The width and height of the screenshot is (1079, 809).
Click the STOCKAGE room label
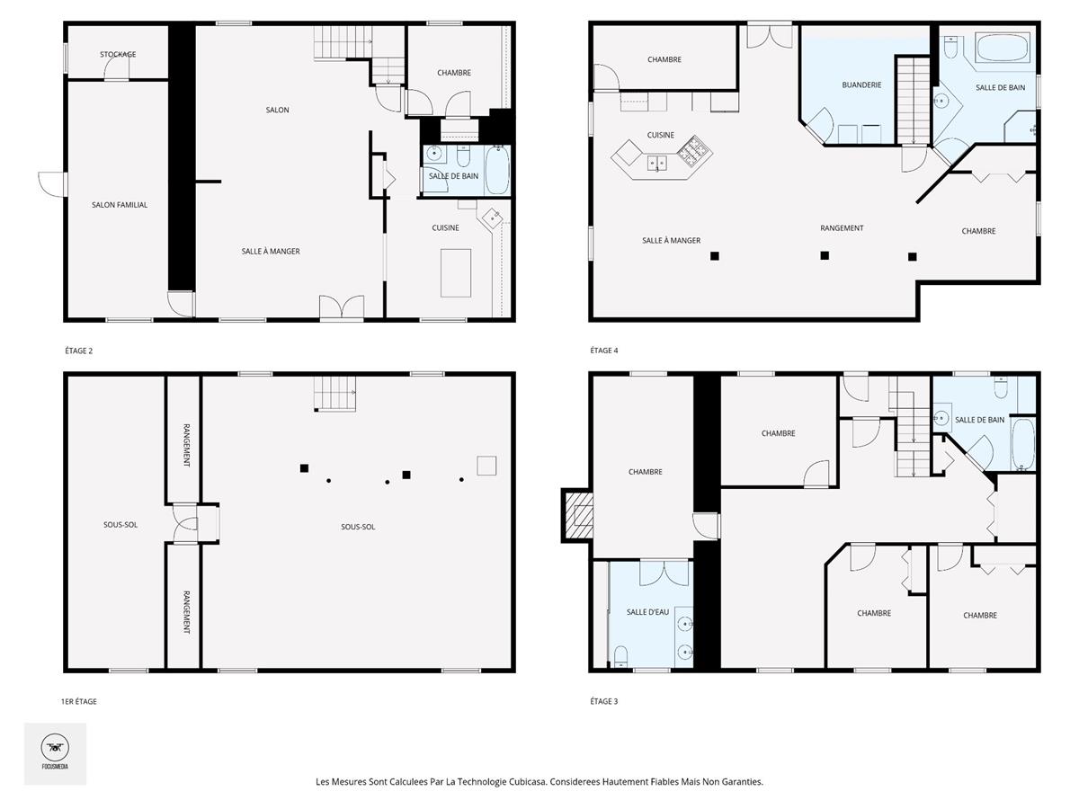[x=118, y=55]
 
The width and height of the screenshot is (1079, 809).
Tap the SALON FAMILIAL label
[x=120, y=205]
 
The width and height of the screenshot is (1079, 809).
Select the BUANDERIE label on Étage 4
[x=861, y=85]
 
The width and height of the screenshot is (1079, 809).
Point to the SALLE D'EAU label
[x=647, y=612]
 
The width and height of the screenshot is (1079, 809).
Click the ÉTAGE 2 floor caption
[x=78, y=351]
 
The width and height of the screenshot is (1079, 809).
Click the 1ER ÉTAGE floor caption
[x=78, y=701]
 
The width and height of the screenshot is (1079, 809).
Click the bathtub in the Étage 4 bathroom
[x=1003, y=49]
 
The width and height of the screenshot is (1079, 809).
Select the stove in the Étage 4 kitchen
[x=694, y=150]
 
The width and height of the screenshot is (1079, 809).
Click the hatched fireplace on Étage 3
[x=578, y=515]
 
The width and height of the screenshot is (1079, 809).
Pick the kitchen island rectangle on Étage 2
[x=456, y=273]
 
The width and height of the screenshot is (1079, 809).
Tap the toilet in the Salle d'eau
[x=620, y=657]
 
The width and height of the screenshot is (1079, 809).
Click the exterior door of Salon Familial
[x=52, y=184]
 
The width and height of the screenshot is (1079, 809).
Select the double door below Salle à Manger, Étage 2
[x=342, y=308]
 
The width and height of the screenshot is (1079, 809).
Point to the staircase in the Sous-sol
[x=335, y=394]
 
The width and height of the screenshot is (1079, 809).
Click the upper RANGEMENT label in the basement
[x=186, y=445]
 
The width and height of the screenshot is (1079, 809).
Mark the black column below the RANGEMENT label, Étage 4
[x=825, y=255]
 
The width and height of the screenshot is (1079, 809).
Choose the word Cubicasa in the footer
[x=528, y=781]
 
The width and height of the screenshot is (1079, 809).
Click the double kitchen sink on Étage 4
[x=656, y=163]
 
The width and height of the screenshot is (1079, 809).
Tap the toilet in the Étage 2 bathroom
[x=463, y=156]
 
